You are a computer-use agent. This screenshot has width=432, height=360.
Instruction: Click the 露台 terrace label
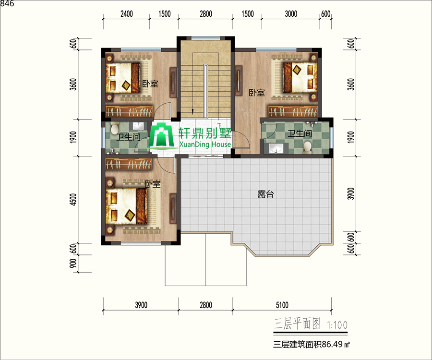(265, 194)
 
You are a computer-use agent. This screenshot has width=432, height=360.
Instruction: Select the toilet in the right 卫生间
(307, 147)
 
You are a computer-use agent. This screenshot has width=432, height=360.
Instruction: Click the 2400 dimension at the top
(126, 14)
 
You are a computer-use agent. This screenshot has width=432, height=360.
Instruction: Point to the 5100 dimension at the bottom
(282, 305)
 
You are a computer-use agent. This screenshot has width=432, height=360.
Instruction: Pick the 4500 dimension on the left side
(73, 200)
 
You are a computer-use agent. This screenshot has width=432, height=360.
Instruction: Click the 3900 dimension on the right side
(351, 193)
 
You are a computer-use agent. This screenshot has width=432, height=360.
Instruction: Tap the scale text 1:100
(337, 325)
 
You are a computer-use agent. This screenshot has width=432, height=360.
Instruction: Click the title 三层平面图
(297, 324)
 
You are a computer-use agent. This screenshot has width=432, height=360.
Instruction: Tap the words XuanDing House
(205, 144)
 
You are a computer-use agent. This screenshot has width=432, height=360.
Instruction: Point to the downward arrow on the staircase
(192, 112)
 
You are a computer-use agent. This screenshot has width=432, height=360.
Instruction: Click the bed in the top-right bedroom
(300, 77)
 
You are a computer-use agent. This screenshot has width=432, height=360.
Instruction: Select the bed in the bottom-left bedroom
(126, 206)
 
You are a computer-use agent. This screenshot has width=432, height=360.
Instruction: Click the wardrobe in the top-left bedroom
(129, 111)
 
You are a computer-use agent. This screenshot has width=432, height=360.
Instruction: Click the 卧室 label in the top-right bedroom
(256, 93)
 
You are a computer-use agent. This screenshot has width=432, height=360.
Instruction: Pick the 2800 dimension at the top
(206, 14)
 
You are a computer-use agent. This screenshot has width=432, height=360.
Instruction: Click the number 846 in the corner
(7, 3)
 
